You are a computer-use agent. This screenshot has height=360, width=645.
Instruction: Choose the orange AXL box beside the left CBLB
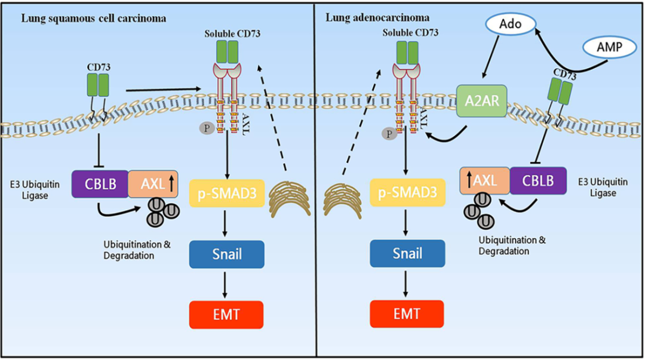point(153,183)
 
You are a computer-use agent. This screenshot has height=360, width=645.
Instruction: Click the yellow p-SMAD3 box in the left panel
point(227,193)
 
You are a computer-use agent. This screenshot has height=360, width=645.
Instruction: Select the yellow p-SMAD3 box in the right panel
point(407,193)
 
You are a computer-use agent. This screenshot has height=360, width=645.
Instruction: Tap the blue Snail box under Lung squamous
point(227,253)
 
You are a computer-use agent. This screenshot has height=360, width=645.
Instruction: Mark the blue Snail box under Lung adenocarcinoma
point(407,253)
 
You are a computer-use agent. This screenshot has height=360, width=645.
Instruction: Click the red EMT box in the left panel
point(227,313)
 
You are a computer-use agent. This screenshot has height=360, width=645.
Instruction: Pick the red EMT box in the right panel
point(407,313)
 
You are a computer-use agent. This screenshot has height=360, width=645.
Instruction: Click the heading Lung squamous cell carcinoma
point(94,18)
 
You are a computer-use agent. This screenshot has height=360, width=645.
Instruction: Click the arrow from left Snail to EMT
point(227,284)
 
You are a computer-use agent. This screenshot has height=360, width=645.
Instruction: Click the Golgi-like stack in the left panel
point(290,196)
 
